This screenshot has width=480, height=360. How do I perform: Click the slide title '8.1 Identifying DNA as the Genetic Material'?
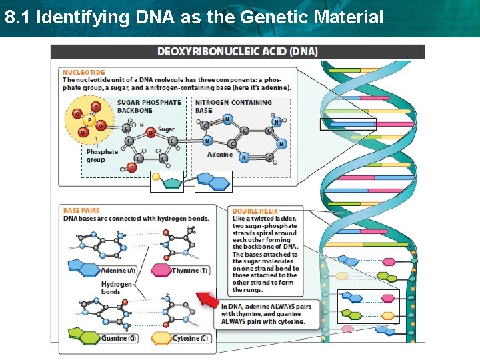[193, 17]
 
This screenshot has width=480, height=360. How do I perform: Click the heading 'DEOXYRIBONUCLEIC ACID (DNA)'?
[237, 51]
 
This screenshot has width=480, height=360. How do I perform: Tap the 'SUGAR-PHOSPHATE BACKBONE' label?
[149, 106]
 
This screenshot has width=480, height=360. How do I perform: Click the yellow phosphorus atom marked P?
[90, 120]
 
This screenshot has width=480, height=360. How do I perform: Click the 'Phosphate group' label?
[101, 155]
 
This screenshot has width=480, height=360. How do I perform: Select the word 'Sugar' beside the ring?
[166, 129]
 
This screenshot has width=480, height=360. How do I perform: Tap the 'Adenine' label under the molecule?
[220, 155]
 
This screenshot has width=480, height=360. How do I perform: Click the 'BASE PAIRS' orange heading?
[81, 211]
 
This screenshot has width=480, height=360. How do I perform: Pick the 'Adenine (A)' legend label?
[119, 271]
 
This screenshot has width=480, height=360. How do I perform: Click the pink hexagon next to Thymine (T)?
[161, 271]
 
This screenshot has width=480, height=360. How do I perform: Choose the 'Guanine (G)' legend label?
[119, 339]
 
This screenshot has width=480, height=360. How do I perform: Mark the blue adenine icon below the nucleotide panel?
[213, 181]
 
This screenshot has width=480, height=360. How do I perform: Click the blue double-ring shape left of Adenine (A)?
[83, 269]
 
